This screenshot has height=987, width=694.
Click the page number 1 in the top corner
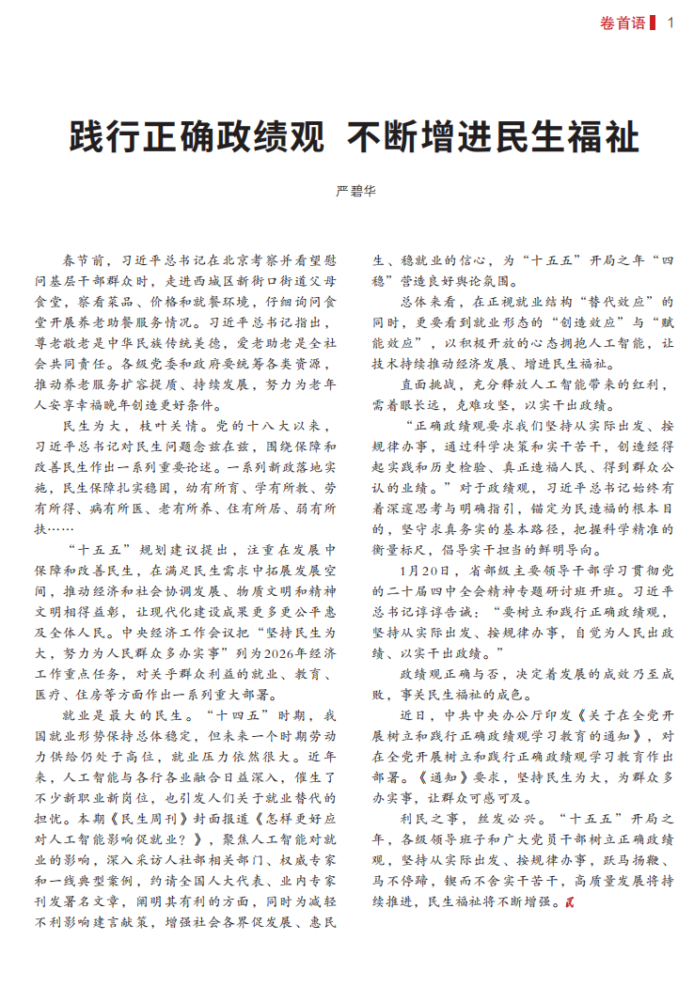click(x=670, y=23)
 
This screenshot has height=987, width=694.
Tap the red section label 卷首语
click(x=622, y=23)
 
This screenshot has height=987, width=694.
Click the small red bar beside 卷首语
click(x=654, y=23)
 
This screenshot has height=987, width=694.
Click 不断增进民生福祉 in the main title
click(x=493, y=139)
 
